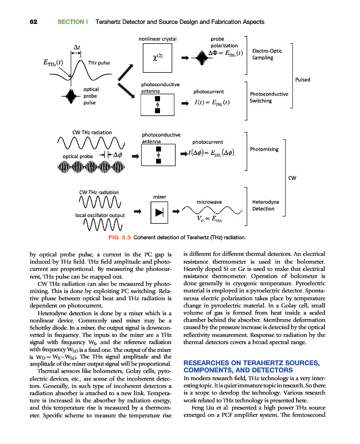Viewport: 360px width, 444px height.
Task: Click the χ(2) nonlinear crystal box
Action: click(157, 58)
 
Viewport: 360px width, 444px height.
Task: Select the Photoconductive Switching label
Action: click(269, 98)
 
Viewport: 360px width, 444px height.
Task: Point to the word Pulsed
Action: click(303, 79)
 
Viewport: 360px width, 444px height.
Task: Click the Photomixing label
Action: click(266, 149)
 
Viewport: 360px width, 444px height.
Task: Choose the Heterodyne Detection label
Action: click(266, 205)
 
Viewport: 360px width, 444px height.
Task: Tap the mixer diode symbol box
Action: click(160, 211)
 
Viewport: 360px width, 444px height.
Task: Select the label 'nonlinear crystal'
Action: click(157, 39)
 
